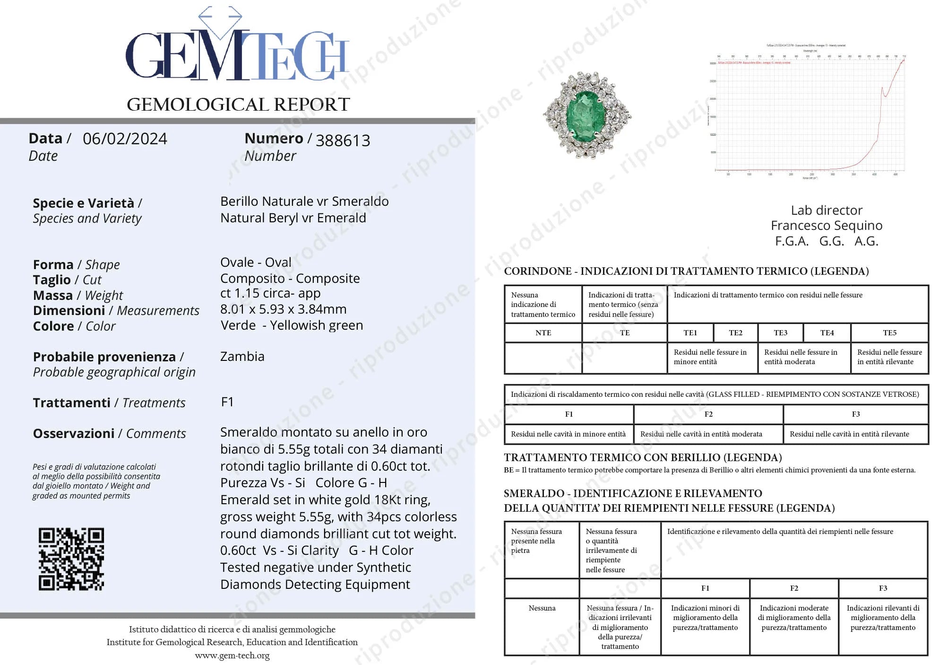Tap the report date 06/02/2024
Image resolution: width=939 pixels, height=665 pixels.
(x=125, y=139)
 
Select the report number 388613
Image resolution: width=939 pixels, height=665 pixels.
(x=343, y=140)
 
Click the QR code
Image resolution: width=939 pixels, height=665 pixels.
(x=71, y=559)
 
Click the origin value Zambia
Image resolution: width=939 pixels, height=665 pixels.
(x=242, y=357)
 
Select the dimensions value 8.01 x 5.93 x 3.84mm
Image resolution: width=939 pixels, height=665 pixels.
(x=283, y=309)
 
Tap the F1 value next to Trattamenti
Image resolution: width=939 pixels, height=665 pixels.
(x=227, y=402)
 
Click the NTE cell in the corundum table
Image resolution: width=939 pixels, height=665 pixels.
(x=543, y=333)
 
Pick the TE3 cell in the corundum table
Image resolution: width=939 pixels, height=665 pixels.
(x=780, y=333)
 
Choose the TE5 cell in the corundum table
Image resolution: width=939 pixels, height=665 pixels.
(x=889, y=333)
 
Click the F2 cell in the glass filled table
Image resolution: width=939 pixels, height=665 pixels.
(x=708, y=414)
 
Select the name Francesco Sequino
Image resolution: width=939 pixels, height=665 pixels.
(x=826, y=226)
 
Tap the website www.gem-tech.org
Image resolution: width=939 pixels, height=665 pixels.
(x=232, y=656)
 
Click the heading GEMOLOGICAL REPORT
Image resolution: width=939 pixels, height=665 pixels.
(x=238, y=105)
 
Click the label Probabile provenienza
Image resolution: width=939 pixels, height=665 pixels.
(x=104, y=357)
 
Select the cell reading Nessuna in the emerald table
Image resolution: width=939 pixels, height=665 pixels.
(x=542, y=608)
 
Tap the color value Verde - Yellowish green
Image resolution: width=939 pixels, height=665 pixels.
(x=292, y=325)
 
